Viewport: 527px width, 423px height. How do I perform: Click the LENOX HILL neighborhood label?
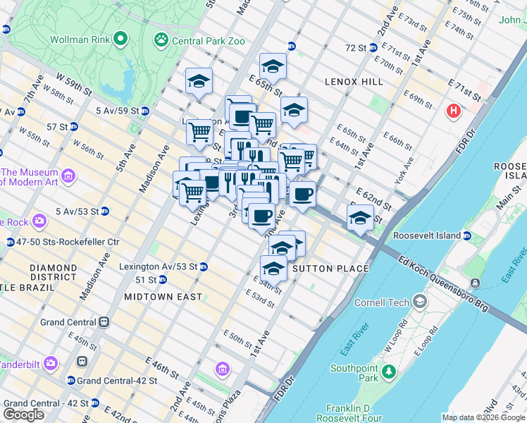point(354,82)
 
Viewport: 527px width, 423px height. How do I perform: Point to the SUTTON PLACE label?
point(330,269)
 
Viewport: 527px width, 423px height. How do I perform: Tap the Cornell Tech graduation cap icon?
point(420,302)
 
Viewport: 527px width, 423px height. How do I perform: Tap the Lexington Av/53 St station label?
point(157,266)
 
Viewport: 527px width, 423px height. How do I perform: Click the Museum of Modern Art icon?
point(68,174)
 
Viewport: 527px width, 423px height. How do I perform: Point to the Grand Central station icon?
point(104,322)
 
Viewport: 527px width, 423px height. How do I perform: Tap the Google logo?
point(24,415)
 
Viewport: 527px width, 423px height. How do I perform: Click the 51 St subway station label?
point(146,280)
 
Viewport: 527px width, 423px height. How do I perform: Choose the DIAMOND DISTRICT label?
point(54,272)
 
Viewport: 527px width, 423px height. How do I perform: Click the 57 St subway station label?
point(56,126)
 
